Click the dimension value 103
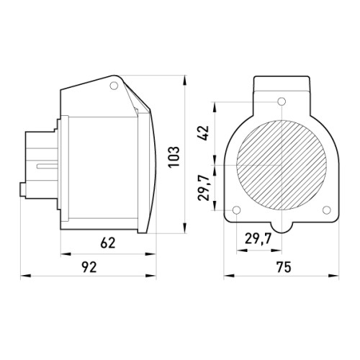pos(174,157)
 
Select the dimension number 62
pos(108,243)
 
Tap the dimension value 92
pos(89,267)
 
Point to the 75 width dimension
pos(284,267)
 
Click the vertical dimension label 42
pos(204,133)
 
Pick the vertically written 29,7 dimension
pos(204,187)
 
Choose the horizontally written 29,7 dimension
pos(258,239)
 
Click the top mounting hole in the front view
pos(282,102)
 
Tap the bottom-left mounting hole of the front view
pos(237,210)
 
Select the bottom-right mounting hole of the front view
pos(327,210)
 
